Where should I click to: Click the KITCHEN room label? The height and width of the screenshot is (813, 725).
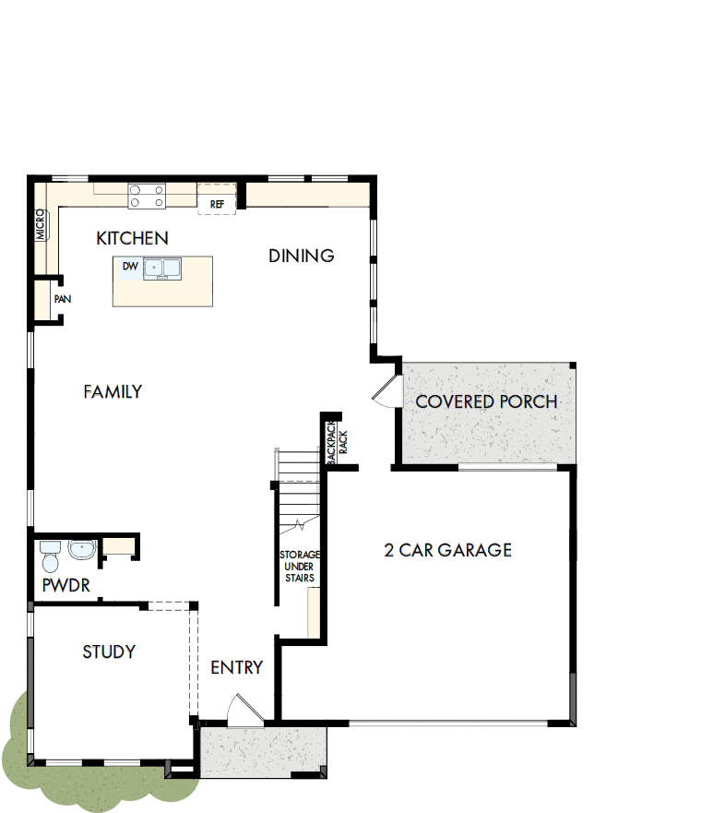[x=132, y=239]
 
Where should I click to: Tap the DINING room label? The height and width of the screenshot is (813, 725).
[x=301, y=256]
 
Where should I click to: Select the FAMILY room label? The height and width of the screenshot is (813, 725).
[x=113, y=391]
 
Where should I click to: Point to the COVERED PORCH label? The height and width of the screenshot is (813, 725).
[x=486, y=401]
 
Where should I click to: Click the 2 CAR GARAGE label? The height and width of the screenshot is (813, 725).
[x=447, y=550]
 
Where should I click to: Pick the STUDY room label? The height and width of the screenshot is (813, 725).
[x=109, y=652]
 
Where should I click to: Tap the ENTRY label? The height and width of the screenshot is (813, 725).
[x=236, y=667]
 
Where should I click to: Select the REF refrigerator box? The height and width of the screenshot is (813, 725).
[x=218, y=203]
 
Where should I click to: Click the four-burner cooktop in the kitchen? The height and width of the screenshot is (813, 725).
[x=148, y=195]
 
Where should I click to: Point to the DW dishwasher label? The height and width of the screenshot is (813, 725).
[x=130, y=267]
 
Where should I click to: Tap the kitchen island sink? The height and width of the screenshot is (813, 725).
[x=161, y=268]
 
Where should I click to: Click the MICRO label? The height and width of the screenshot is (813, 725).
[x=41, y=225]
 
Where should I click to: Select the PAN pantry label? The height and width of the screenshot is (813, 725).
[x=63, y=299]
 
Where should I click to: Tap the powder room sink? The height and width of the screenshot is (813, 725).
[x=82, y=550]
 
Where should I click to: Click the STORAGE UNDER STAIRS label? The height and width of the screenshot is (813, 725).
[x=299, y=567]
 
